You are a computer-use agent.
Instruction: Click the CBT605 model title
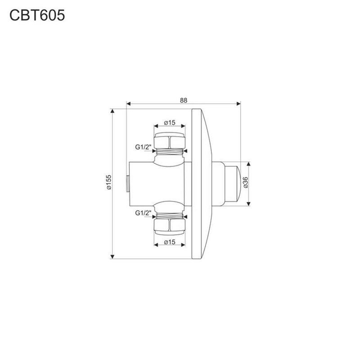tap(37, 16)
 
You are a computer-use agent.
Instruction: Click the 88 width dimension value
tap(184, 100)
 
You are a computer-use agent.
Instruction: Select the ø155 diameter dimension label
tap(108, 182)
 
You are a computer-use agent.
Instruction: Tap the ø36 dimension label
tap(245, 183)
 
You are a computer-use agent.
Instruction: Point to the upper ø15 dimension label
tap(170, 122)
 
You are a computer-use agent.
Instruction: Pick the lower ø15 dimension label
tap(170, 242)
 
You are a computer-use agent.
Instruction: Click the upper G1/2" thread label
tap(143, 147)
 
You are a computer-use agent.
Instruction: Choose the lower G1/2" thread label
tap(143, 213)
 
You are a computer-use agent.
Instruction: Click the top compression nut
tap(170, 141)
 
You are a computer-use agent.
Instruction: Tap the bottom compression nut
tap(170, 226)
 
